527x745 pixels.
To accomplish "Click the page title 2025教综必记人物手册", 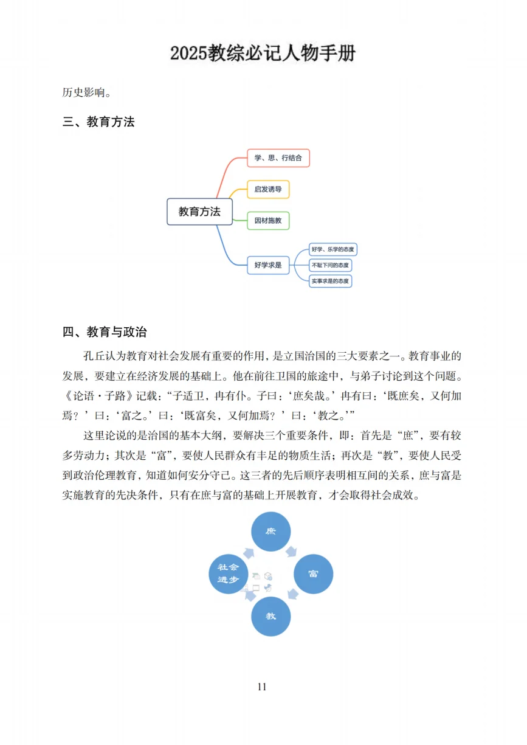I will point(263,54).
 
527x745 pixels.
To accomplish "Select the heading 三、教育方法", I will point(98,122).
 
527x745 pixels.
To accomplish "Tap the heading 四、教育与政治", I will point(105,332).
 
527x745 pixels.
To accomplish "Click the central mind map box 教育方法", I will point(199,212).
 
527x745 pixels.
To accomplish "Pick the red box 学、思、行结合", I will point(278,158).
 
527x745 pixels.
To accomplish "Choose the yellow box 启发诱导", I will point(268,189).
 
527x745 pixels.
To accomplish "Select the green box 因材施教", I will point(268,221).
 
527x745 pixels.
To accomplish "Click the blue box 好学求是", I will point(268,265).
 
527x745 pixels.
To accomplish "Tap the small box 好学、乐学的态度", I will point(332,249).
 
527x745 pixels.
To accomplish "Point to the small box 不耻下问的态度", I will point(331,265).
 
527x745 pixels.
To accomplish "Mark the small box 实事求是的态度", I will point(331,281).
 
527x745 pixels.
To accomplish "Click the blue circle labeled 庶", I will point(271,532).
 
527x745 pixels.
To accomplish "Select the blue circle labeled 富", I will point(313,573).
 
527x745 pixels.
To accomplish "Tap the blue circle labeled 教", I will point(271,616).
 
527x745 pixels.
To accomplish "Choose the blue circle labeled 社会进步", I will point(229,573).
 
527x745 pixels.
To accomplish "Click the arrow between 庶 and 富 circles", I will point(291,551).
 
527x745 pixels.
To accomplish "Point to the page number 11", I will point(262,687).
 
